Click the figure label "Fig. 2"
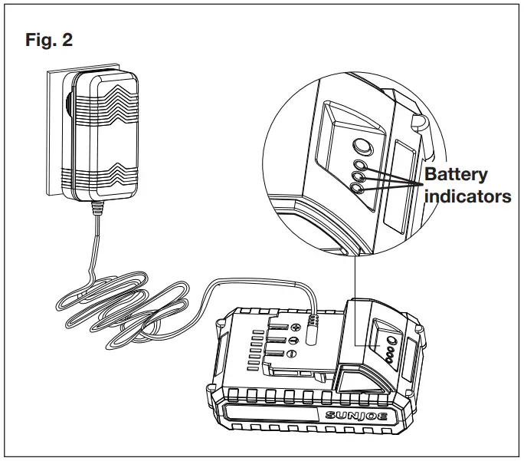(x=49, y=41)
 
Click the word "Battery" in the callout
(x=456, y=174)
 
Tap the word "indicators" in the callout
(x=468, y=196)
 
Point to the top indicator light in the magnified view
(x=359, y=165)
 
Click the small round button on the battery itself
(x=391, y=341)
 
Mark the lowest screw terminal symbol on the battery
(x=292, y=354)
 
